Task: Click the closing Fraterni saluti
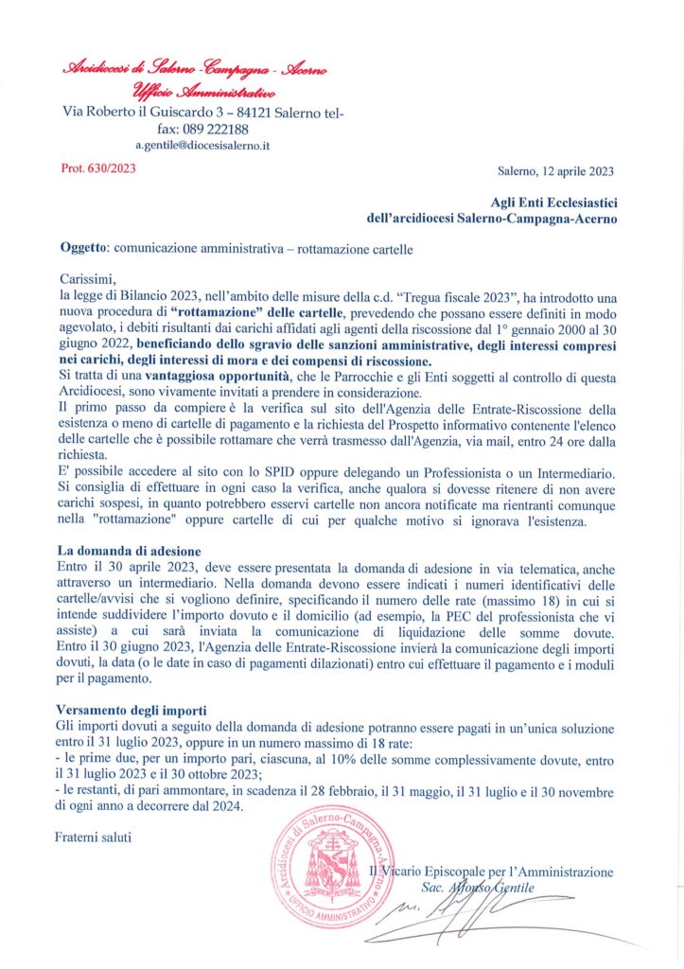point(94,837)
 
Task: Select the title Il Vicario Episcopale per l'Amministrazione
point(491,872)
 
